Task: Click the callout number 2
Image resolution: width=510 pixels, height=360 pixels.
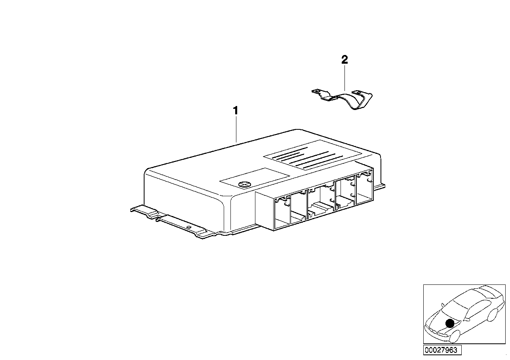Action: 344,60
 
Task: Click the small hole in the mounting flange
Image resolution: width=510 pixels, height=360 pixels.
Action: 189,228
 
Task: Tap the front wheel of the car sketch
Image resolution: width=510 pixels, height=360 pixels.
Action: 455,337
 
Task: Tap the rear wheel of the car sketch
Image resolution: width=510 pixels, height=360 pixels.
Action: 492,315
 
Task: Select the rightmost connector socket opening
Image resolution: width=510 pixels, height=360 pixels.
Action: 365,190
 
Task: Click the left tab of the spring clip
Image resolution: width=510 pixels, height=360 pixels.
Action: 317,92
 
